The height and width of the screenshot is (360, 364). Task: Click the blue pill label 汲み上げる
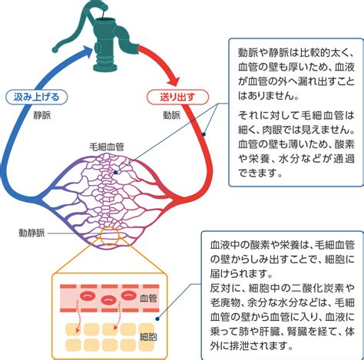click(36, 97)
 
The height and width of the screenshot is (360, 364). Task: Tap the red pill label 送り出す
click(177, 97)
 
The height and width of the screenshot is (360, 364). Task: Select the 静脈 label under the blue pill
click(42, 116)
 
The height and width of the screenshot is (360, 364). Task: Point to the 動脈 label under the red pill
click(172, 115)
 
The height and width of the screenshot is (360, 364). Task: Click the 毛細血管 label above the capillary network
click(107, 147)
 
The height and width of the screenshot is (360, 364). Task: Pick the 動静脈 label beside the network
click(31, 233)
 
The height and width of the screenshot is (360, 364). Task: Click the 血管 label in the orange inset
click(148, 299)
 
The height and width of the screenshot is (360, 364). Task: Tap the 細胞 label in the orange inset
click(148, 337)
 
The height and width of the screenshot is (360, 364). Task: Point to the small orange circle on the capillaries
click(110, 236)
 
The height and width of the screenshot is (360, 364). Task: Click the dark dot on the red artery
click(204, 134)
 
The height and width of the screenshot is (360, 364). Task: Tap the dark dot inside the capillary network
click(116, 173)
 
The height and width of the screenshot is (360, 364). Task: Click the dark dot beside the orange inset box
click(157, 319)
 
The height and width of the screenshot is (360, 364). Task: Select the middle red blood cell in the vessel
click(108, 299)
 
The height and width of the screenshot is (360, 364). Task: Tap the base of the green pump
click(105, 67)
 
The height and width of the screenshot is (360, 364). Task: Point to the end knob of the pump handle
click(55, 49)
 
